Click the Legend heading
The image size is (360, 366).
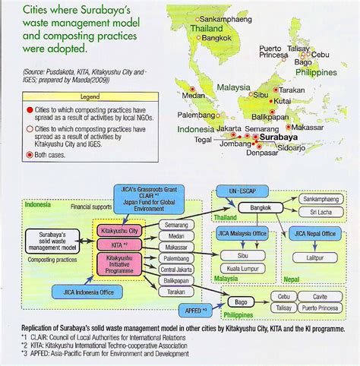(x=90, y=97)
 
